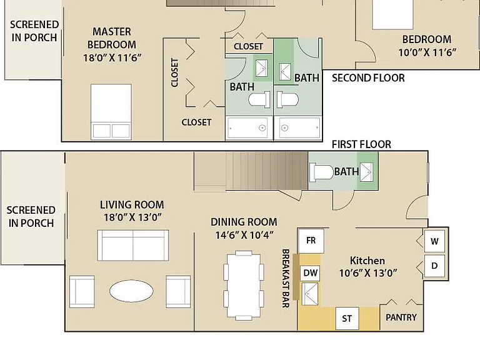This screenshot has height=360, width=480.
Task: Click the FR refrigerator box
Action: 311,241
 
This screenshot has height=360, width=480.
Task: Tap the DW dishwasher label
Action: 311,272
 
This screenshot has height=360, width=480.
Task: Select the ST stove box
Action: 347,319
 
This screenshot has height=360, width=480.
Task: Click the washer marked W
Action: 434,241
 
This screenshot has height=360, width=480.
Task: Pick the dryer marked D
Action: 434,266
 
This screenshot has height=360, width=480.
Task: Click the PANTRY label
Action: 401,317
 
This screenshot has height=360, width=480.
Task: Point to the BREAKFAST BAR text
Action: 286,278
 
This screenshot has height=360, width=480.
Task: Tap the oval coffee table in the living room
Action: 132,291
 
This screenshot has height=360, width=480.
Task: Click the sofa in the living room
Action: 133,246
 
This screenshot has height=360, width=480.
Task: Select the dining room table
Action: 244,286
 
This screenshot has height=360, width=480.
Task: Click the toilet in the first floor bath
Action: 321,172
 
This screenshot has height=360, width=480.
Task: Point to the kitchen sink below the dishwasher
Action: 310,294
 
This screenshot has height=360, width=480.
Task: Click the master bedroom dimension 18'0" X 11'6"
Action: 112,57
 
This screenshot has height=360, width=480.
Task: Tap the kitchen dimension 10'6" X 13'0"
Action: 368,272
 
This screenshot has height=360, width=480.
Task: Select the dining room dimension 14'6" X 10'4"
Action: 244,235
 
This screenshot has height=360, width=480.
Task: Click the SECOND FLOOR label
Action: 368,78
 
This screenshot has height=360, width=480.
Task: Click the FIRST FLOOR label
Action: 361,144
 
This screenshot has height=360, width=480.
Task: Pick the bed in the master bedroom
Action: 111,112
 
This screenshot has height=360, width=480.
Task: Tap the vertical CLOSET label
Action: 174,73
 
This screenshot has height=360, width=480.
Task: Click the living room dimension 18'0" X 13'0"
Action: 132,217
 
